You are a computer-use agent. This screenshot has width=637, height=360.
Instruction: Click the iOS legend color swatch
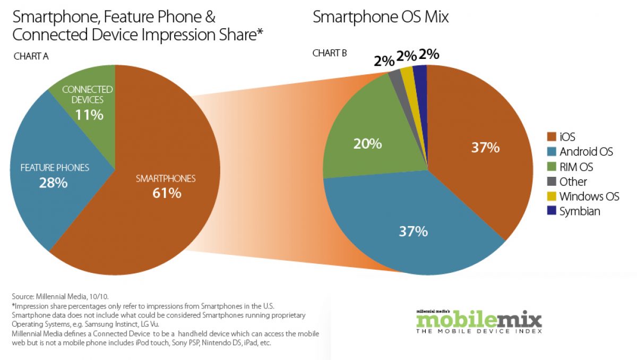(551, 137)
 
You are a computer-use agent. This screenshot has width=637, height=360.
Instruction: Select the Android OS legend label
(586, 152)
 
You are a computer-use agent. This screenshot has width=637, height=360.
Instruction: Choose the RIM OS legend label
(576, 167)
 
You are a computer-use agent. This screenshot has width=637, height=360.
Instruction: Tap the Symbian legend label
(580, 211)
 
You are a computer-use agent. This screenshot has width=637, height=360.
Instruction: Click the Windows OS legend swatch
(551, 196)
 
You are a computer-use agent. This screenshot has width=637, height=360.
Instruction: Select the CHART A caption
(30, 56)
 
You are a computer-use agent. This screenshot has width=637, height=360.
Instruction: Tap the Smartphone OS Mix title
(381, 17)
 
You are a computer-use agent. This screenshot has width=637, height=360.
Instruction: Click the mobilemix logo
(479, 321)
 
